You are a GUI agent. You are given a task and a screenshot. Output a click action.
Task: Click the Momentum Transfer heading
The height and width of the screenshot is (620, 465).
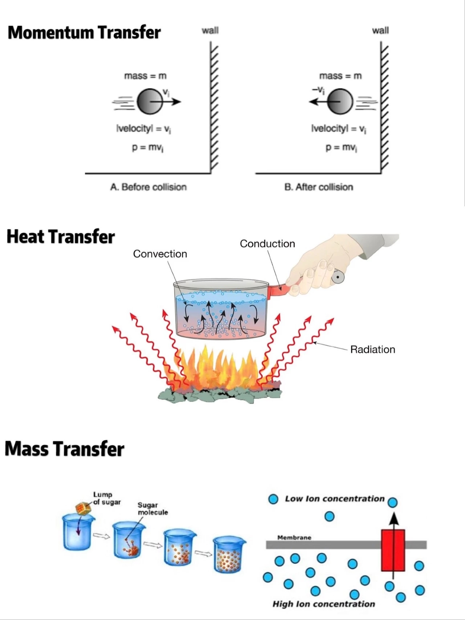pos(84,32)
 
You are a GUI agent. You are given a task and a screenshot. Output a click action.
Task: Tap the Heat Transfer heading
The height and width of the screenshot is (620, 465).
pos(61,236)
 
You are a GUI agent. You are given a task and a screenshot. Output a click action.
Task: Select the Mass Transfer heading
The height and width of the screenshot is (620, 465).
pos(65,449)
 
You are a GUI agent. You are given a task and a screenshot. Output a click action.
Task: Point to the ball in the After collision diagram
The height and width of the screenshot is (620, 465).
pos(340,101)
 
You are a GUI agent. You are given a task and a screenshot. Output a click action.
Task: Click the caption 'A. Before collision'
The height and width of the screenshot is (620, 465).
pos(148,187)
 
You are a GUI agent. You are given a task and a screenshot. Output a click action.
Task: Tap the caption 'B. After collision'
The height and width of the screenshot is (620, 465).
pos(319,187)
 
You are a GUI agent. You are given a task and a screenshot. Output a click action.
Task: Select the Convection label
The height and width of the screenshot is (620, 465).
pos(160,254)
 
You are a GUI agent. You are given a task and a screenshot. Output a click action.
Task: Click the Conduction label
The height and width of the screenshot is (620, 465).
pos(267,244)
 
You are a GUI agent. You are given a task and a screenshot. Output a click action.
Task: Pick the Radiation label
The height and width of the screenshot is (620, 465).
pos(372,349)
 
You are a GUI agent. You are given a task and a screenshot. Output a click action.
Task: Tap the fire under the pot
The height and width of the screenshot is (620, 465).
pos(218,367)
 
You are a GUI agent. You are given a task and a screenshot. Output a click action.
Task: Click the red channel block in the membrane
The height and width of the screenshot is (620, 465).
pos(393,550)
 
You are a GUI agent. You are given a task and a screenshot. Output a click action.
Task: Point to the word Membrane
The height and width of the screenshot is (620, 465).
pos(294,537)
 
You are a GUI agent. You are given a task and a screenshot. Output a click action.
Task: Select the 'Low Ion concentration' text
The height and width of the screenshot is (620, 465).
pos(335,499)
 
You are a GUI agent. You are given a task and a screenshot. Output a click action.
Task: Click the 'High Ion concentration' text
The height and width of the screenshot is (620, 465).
pos(324,604)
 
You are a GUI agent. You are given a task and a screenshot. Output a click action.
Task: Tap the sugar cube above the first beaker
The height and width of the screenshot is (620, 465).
pos(83,508)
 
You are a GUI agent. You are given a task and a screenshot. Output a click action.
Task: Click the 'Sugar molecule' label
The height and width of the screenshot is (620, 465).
pos(153,508)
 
